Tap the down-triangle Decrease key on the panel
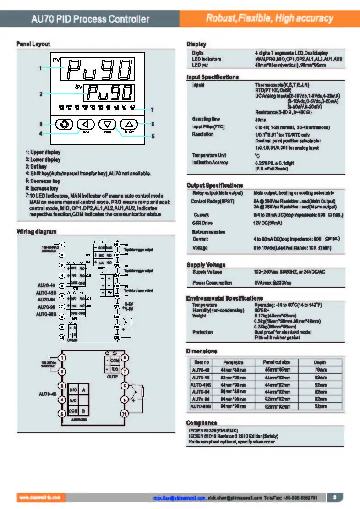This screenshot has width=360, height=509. tap(108, 124)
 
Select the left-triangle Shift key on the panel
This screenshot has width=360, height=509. tap(86, 124)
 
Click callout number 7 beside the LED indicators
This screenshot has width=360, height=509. tap(152, 109)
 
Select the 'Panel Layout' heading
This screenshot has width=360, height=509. tap(33, 44)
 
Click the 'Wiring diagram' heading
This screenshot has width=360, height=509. tap(37, 231)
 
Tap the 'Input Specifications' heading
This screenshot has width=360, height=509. tap(213, 77)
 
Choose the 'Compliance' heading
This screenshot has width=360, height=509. tap(202, 422)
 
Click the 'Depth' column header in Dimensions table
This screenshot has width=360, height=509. tap(320, 362)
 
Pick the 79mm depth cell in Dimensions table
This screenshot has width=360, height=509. tap(320, 370)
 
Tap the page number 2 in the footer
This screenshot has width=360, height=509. tap(335, 497)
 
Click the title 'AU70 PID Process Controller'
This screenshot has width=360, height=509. tap(90, 19)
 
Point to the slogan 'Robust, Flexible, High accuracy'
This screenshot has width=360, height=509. tap(269, 19)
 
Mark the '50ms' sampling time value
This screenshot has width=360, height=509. tap(260, 119)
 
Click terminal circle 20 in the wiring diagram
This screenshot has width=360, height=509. tap(117, 337)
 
